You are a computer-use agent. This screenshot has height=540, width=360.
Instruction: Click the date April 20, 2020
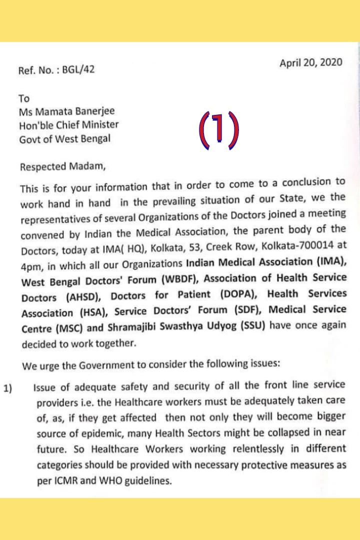(311, 62)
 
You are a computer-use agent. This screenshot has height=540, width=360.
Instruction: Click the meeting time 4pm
(31, 265)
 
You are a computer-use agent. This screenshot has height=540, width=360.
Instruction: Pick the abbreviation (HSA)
(92, 313)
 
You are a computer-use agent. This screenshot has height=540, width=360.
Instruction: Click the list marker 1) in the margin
(8, 388)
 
